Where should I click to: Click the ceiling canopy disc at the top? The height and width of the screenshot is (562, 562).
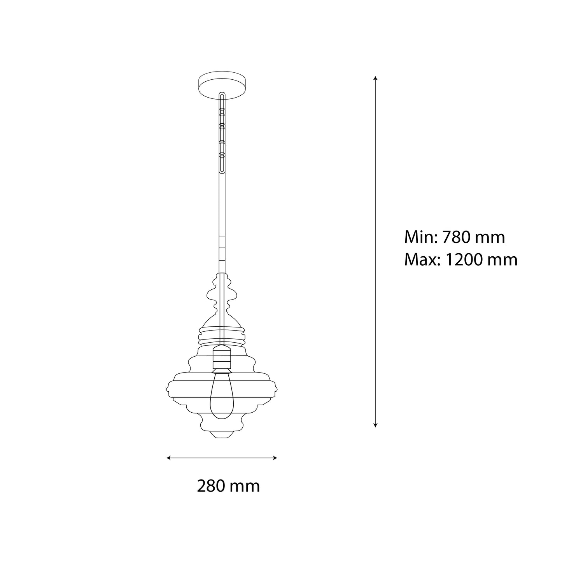point(222,85)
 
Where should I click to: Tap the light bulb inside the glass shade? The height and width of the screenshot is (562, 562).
point(222,397)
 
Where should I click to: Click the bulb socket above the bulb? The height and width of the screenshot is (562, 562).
point(222,359)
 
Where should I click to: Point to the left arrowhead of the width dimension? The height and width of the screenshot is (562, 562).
point(168,458)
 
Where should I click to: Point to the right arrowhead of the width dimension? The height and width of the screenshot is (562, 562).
point(275,458)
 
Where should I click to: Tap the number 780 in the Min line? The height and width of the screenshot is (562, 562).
point(457,237)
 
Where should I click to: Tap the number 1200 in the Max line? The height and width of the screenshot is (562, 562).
point(464,259)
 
